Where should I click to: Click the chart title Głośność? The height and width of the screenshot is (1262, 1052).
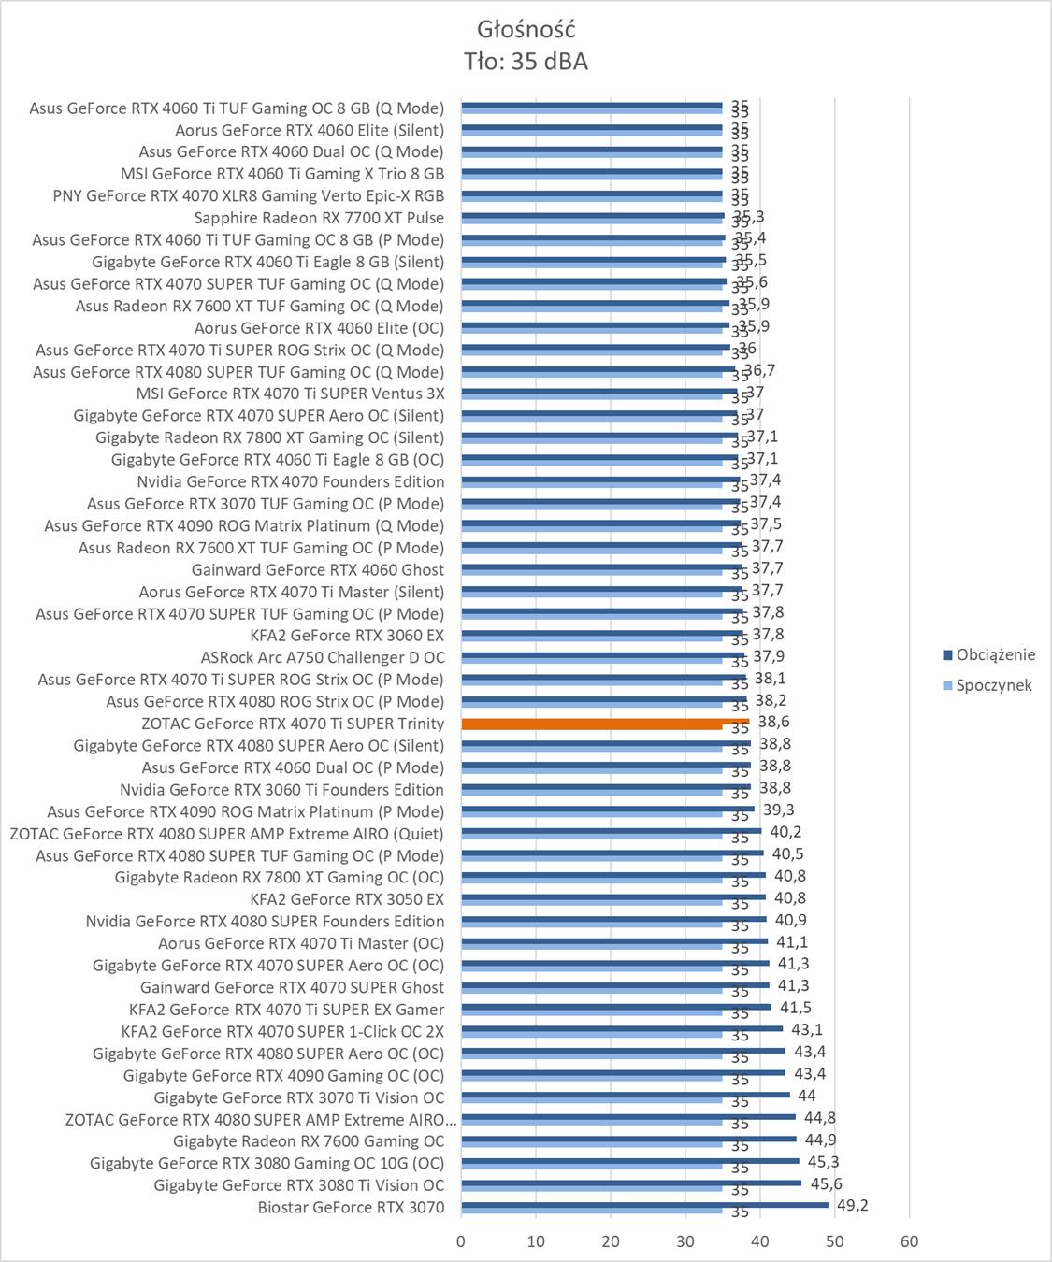(526, 29)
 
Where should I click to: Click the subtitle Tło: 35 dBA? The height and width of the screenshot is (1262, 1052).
(526, 62)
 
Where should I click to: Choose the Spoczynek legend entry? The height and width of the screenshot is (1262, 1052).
(994, 685)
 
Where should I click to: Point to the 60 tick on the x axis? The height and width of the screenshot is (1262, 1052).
(909, 1241)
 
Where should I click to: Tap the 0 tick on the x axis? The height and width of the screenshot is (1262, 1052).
(460, 1241)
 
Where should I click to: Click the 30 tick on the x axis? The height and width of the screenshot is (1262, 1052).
(685, 1241)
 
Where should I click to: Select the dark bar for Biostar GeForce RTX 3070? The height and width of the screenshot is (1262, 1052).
(644, 1205)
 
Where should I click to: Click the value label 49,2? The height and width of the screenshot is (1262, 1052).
(852, 1205)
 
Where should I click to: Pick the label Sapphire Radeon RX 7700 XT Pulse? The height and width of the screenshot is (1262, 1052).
(319, 218)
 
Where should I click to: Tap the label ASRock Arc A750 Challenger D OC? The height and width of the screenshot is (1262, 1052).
(323, 657)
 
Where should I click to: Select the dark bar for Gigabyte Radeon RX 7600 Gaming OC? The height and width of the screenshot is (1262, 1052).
(628, 1139)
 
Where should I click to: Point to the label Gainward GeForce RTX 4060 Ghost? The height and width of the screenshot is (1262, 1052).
(318, 569)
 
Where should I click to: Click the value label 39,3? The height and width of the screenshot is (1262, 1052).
(779, 810)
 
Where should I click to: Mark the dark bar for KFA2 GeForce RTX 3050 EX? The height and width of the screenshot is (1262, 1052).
(612, 897)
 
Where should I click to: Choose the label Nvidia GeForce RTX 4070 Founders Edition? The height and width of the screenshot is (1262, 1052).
(291, 481)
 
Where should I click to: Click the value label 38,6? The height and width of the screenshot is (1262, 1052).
(773, 722)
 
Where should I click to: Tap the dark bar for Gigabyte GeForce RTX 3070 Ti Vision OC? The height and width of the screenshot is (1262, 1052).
(625, 1095)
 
